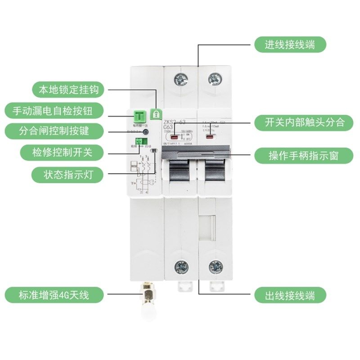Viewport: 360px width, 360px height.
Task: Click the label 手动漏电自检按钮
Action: click(55, 110)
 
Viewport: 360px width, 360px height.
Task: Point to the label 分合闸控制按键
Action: click(54, 131)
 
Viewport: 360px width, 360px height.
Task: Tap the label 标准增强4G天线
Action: click(54, 295)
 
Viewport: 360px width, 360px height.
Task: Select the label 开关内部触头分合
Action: click(299, 121)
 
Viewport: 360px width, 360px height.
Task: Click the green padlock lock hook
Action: click(156, 114)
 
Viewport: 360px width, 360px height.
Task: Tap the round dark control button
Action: click(146, 132)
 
